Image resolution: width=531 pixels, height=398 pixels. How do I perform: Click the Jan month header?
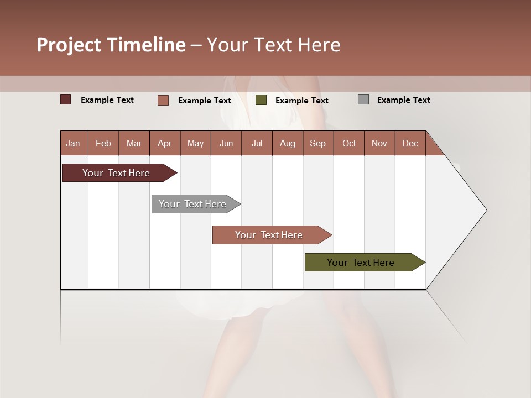pos(73,143)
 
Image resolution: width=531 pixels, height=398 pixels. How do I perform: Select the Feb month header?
pos(103,143)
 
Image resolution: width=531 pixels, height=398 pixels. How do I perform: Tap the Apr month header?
pos(164,143)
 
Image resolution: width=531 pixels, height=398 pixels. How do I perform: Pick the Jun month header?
pos(226,143)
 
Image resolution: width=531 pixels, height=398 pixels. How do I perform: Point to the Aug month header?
pos(287,143)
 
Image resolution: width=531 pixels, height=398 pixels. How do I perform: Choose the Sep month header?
pos(317,143)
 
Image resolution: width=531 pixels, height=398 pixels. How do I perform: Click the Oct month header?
pos(349,143)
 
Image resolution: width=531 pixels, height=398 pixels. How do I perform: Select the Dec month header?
pos(410,143)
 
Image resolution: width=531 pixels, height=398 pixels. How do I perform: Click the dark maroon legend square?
pos(66,99)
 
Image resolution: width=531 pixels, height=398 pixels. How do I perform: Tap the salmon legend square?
pos(163,100)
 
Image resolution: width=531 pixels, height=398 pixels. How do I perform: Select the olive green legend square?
pos(261,100)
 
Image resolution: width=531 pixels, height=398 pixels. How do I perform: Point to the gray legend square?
pos(363,99)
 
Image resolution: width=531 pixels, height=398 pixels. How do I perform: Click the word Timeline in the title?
pos(146,45)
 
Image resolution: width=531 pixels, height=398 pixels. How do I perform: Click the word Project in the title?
pos(69,45)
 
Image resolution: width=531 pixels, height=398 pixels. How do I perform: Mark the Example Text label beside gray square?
pos(403,100)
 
